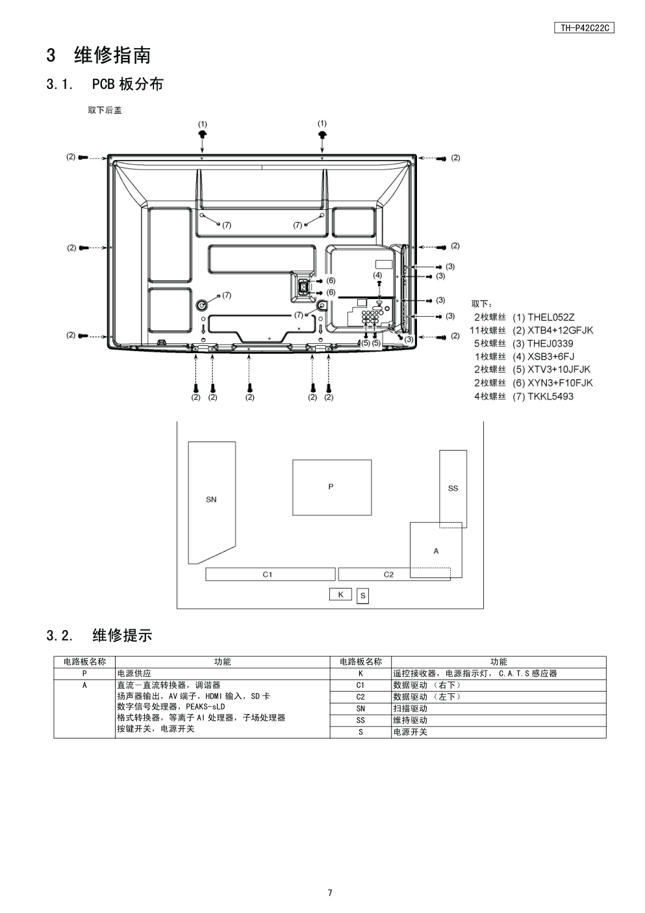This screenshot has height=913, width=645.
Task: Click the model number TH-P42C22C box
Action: click(584, 28)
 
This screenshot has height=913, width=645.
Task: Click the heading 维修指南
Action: click(112, 55)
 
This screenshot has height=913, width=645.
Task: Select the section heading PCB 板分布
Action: click(127, 84)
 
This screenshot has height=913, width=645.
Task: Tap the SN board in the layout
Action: click(211, 503)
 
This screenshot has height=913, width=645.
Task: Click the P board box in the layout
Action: click(332, 488)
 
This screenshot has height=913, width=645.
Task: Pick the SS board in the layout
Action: click(453, 489)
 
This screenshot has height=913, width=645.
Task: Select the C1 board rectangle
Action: click(270, 574)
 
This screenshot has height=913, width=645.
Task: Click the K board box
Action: click(340, 594)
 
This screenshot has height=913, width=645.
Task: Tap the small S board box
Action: click(363, 596)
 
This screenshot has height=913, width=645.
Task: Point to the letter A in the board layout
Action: click(436, 551)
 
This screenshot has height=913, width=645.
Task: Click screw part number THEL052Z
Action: click(551, 317)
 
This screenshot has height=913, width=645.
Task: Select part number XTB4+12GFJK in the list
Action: click(561, 330)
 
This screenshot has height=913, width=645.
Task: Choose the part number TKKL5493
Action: click(551, 396)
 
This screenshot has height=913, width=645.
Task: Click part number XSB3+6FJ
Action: click(551, 356)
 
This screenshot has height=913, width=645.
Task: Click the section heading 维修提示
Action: click(122, 635)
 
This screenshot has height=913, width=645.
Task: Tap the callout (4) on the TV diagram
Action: click(377, 275)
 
